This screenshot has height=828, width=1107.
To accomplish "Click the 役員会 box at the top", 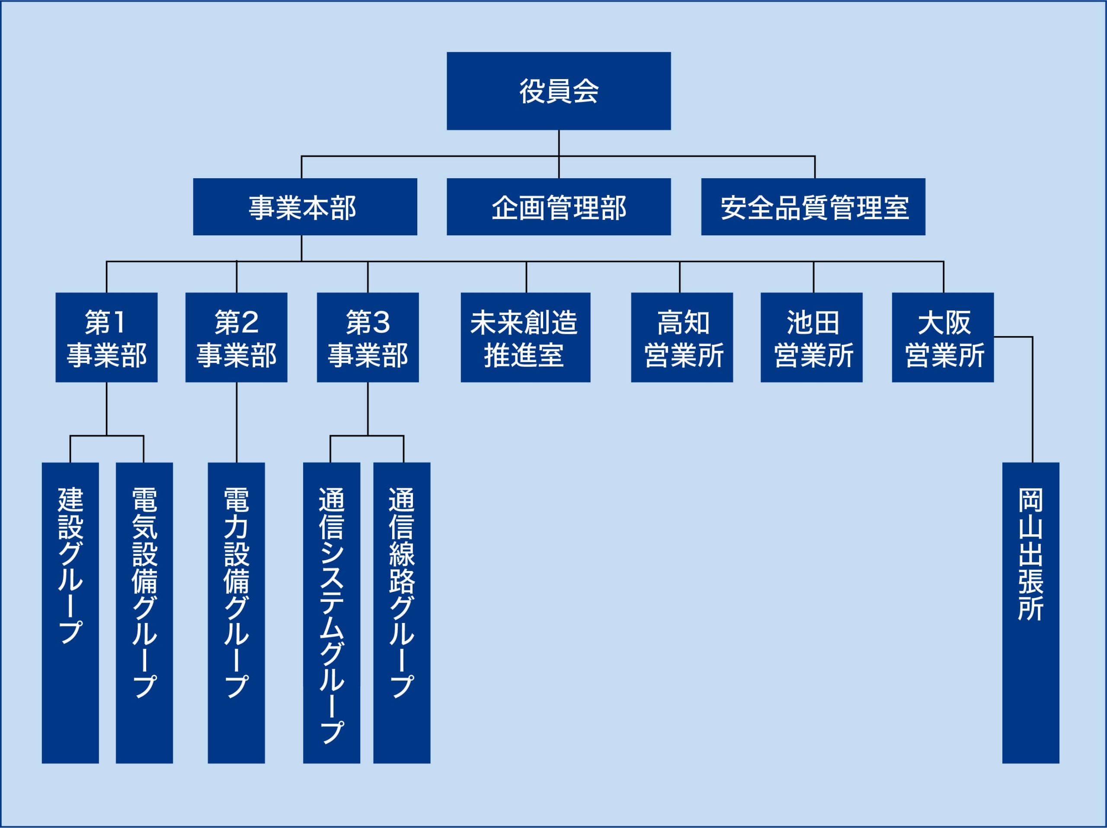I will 559,91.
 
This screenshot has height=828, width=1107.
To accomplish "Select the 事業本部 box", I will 305,207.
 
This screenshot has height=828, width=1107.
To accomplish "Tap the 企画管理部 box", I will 559,207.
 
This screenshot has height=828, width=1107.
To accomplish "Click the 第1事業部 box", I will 107,338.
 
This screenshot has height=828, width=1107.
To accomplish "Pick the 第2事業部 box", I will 236,338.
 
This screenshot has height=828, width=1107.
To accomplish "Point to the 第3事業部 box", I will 368,338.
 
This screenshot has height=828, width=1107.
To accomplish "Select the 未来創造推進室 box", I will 525,338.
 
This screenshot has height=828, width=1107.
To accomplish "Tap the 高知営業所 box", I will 681,338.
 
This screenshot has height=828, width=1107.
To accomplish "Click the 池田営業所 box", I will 811,338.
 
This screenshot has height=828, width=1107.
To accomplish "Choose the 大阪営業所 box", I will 942,338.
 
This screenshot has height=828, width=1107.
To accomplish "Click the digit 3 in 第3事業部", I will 382,323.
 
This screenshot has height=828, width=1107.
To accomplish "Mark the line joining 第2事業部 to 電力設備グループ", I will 237,423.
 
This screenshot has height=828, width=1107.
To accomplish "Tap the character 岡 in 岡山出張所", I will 1030,501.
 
